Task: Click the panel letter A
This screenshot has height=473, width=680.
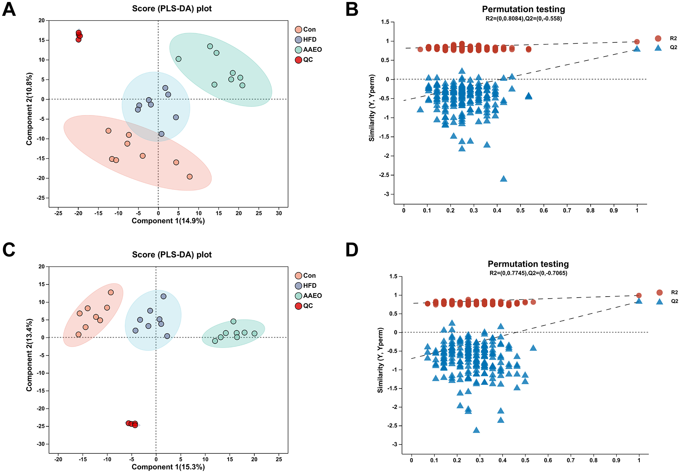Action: pyautogui.click(x=9, y=9)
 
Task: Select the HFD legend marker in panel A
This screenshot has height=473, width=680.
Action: pyautogui.click(x=298, y=40)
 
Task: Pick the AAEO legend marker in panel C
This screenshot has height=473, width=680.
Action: pyautogui.click(x=298, y=296)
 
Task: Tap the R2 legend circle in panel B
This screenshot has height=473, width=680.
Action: pyautogui.click(x=658, y=39)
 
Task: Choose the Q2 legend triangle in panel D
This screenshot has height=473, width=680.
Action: pyautogui.click(x=659, y=301)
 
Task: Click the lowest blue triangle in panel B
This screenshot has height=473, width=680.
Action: pyautogui.click(x=504, y=179)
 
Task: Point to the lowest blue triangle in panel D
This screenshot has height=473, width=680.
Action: pyautogui.click(x=476, y=430)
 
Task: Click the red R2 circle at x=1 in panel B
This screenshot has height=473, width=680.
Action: pyautogui.click(x=637, y=42)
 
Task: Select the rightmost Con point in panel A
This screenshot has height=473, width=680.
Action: pyautogui.click(x=190, y=177)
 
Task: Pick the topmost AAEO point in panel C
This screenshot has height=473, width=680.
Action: pyautogui.click(x=233, y=321)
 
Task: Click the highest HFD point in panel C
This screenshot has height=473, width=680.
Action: pyautogui.click(x=164, y=296)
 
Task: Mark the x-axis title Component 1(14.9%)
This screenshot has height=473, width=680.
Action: pyautogui.click(x=168, y=221)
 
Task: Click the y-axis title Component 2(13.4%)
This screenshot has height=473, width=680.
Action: pyautogui.click(x=29, y=355)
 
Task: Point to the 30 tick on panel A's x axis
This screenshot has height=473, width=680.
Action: pyautogui.click(x=279, y=214)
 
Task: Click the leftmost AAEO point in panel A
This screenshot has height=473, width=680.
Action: pyautogui.click(x=178, y=59)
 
